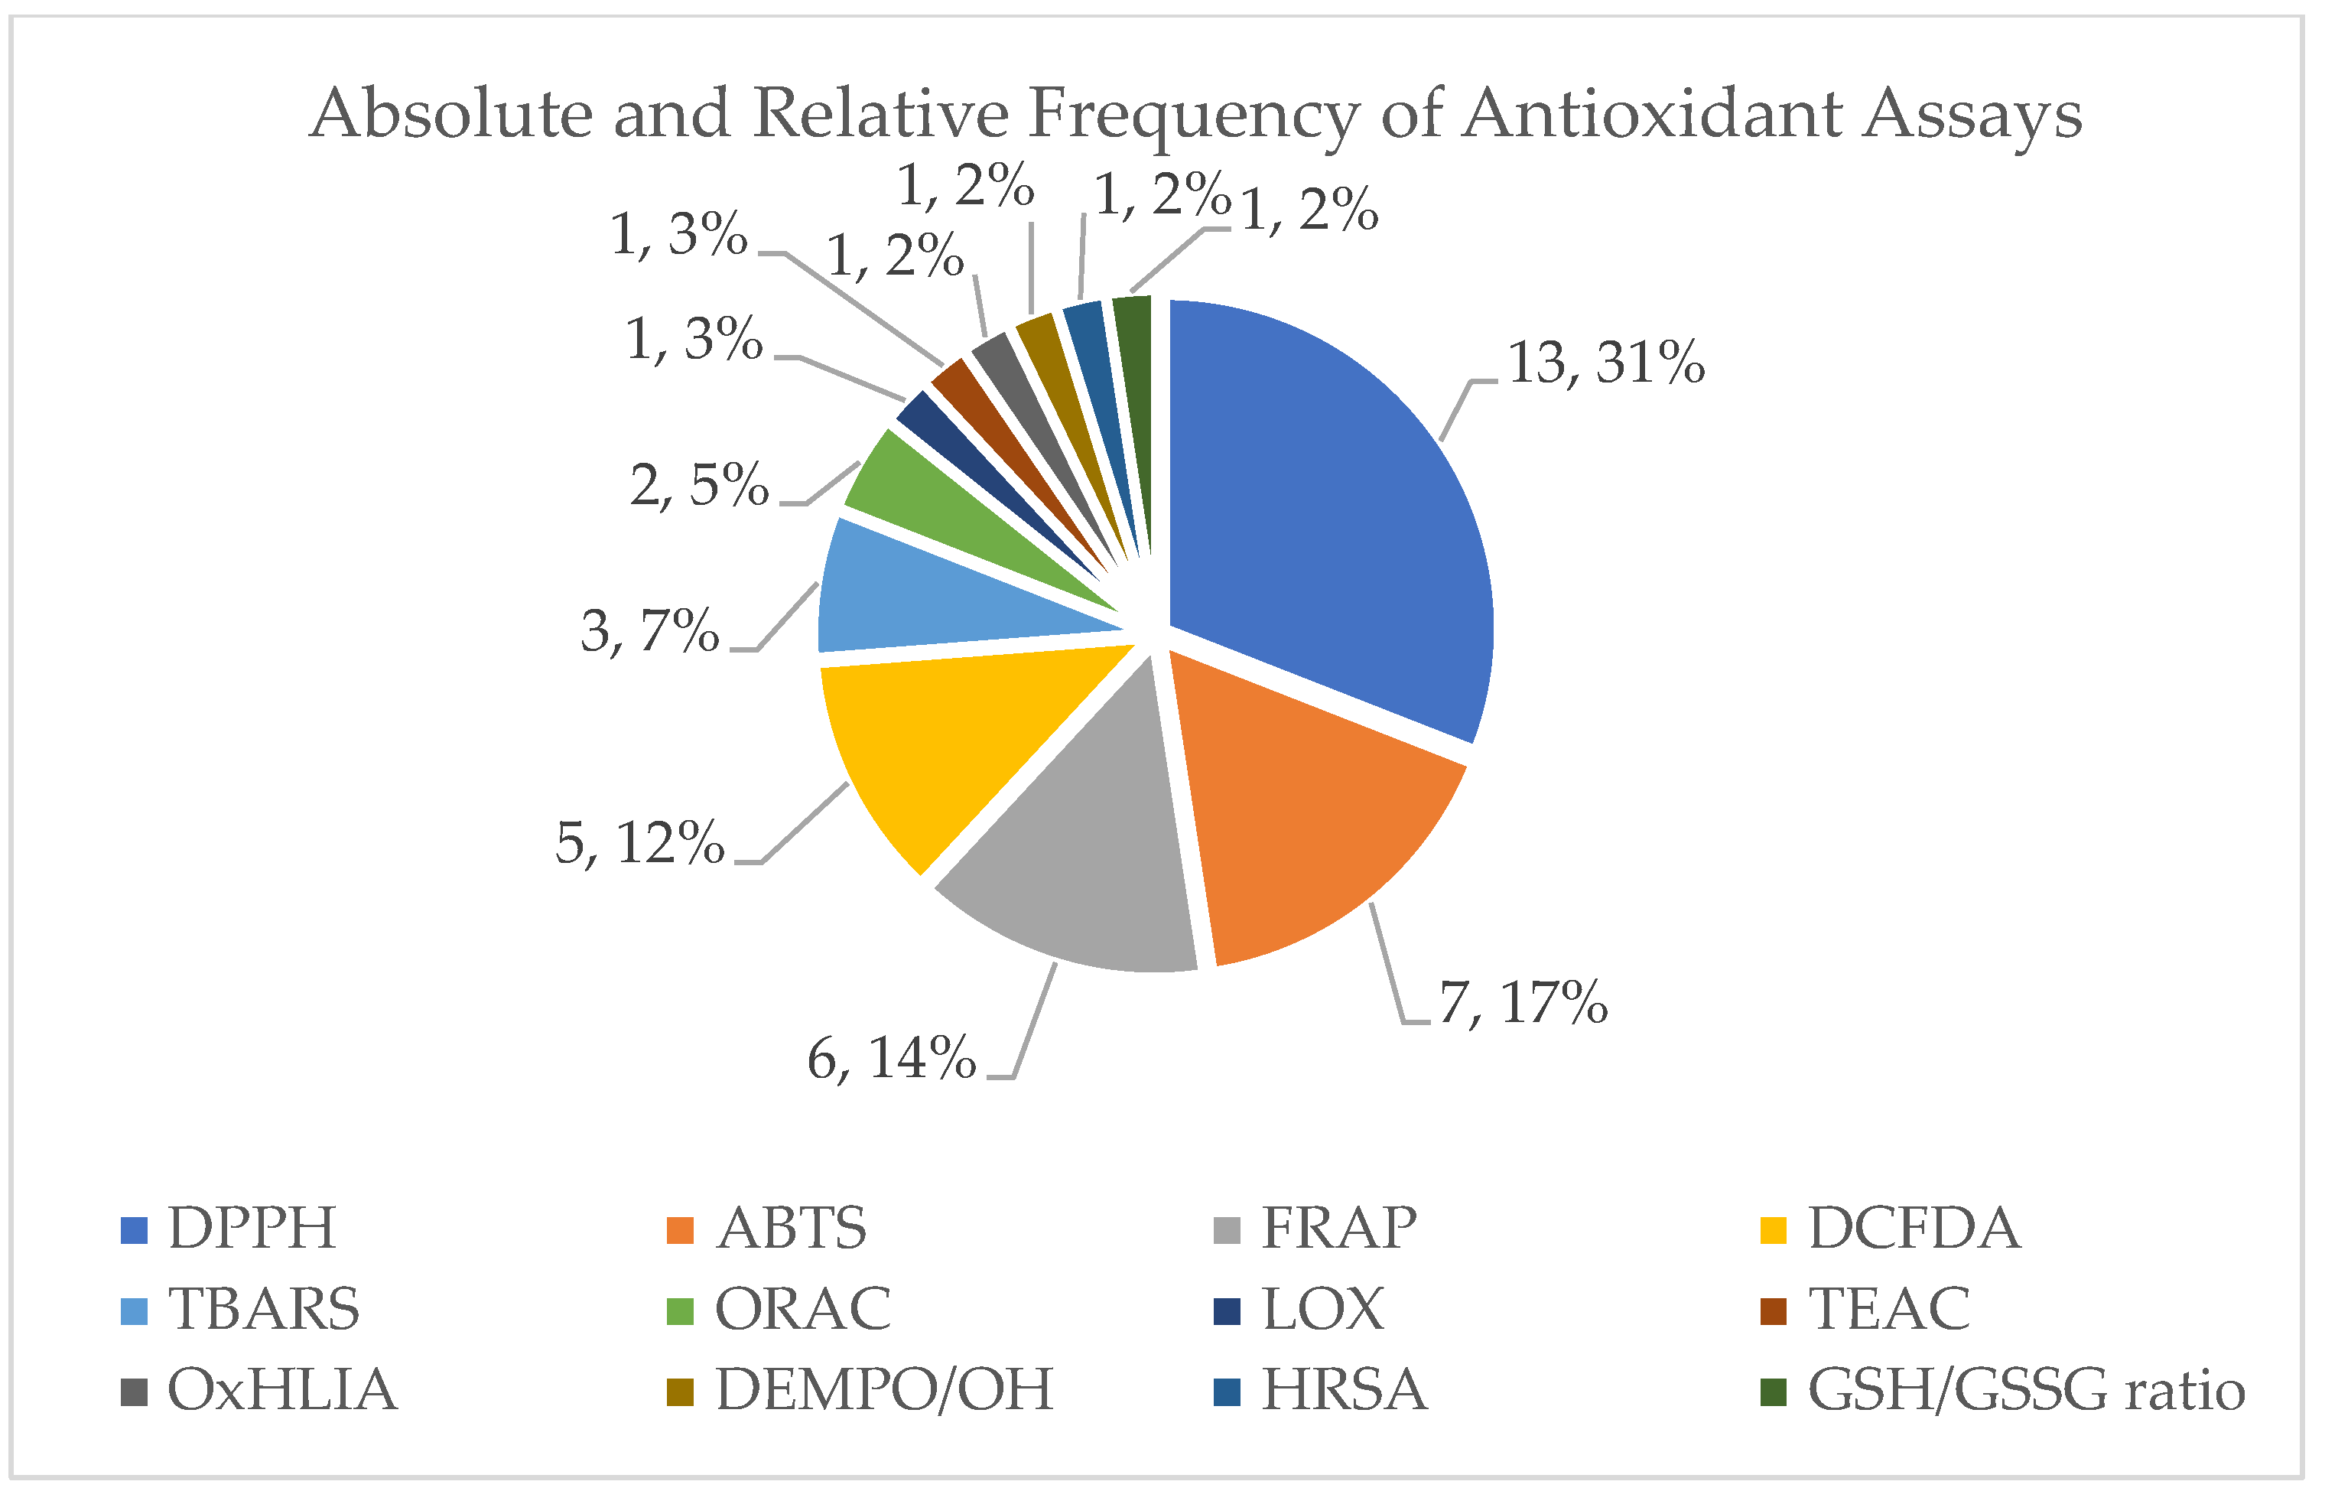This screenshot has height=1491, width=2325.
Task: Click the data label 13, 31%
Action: pyautogui.click(x=1605, y=364)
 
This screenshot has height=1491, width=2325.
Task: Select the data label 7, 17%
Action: pyautogui.click(x=1523, y=1003)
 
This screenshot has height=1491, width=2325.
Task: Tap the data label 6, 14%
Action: pyautogui.click(x=890, y=1058)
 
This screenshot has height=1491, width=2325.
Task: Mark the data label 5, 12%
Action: pyautogui.click(x=639, y=843)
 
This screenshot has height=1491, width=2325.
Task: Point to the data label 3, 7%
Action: pyautogui.click(x=649, y=632)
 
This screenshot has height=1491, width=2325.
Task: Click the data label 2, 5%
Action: pyautogui.click(x=699, y=485)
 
